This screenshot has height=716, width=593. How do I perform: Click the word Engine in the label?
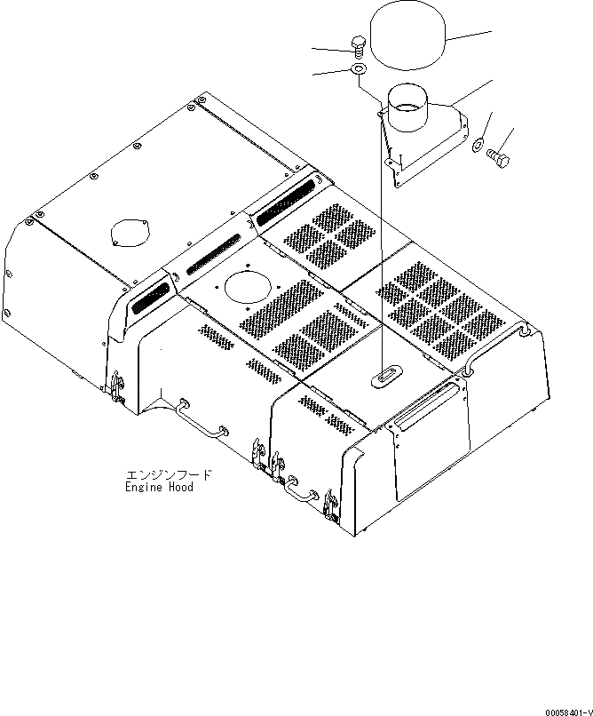click(143, 488)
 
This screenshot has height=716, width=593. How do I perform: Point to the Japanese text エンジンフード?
click(158, 476)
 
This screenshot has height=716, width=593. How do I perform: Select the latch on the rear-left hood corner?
click(116, 380)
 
